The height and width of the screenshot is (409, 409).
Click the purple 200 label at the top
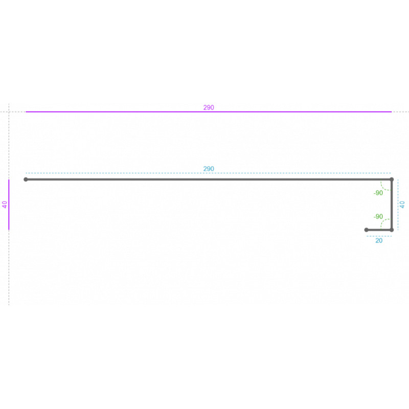[x=209, y=108]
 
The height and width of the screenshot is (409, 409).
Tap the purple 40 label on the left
[x=5, y=204]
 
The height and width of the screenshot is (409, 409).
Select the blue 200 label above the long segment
[x=209, y=169]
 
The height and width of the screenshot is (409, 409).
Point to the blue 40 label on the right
[x=402, y=204]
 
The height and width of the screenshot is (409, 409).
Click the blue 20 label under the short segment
[x=379, y=240]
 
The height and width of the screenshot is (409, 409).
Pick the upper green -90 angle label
[x=378, y=193]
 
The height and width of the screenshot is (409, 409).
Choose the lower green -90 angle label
[x=378, y=217]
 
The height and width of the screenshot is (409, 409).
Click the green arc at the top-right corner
[x=383, y=188]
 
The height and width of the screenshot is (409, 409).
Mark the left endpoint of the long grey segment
[x=26, y=179]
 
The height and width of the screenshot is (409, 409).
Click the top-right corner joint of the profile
[x=392, y=179]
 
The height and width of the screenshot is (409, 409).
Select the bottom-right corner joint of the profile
[x=392, y=230]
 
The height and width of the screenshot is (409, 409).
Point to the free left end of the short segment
[x=366, y=230]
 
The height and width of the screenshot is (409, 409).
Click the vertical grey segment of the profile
[x=392, y=204]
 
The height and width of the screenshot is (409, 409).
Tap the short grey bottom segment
[x=379, y=230]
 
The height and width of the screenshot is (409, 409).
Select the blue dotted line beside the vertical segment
[x=398, y=204]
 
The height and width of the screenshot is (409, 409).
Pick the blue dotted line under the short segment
[x=379, y=236]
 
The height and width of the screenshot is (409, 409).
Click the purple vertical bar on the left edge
[x=9, y=204]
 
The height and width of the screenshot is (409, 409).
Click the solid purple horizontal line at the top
[x=153, y=112]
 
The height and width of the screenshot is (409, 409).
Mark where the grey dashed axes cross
[x=9, y=112]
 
